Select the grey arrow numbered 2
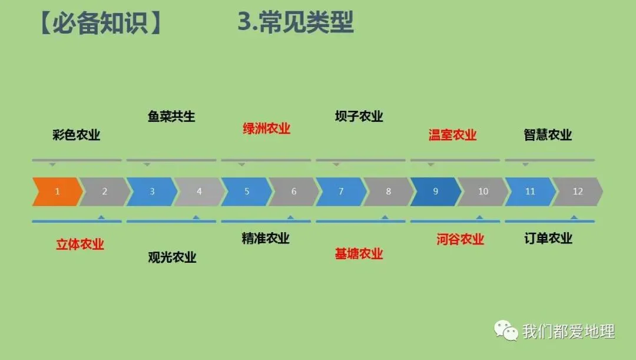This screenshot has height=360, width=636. (105, 191)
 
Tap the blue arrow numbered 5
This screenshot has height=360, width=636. (247, 191)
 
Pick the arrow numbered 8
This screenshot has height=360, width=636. (388, 191)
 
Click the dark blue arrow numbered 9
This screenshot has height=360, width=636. (435, 191)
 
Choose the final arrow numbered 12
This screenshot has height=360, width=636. (578, 191)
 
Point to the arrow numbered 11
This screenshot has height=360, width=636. (530, 191)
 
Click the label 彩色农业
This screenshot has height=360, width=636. (77, 135)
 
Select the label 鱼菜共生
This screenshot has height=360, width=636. (171, 116)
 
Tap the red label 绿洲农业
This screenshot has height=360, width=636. (267, 128)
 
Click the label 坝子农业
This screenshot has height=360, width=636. (359, 116)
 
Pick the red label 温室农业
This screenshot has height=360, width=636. (452, 135)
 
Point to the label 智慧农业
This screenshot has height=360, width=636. (548, 135)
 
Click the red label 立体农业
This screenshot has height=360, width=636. (80, 244)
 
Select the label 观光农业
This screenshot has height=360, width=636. (172, 257)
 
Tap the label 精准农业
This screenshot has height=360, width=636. (266, 238)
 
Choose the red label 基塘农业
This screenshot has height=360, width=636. (359, 253)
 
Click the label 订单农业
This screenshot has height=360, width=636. (548, 238)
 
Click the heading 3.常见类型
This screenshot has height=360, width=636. (295, 23)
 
